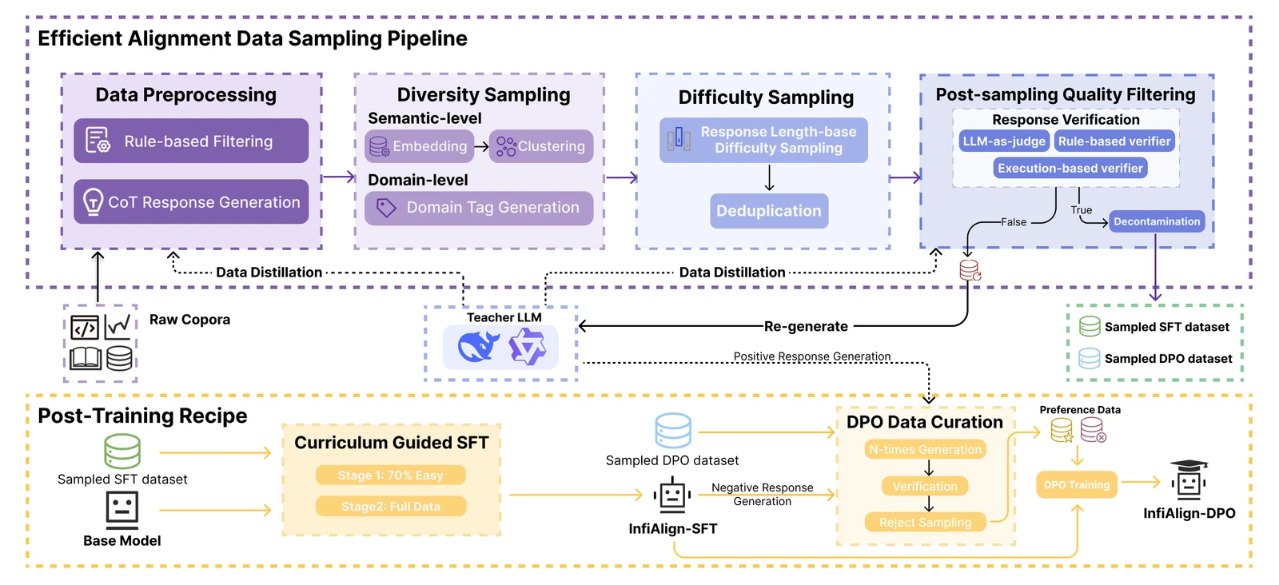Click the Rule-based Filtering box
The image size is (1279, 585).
click(191, 141)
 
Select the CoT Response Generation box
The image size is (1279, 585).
click(191, 202)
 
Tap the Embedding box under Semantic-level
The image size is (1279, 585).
click(419, 146)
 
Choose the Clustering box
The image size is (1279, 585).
click(541, 146)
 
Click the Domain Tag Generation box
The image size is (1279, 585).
click(479, 208)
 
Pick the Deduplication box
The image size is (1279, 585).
click(769, 211)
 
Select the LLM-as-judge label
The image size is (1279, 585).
click(1004, 141)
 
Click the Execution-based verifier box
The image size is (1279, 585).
click(1070, 168)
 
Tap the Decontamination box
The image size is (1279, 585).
click(1157, 221)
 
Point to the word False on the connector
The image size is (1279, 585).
click(1014, 222)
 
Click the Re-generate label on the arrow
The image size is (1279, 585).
click(806, 326)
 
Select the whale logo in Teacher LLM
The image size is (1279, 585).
click(478, 348)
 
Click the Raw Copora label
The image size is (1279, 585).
click(189, 320)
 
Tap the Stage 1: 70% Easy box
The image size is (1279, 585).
click(390, 476)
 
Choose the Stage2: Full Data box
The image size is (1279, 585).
click(390, 507)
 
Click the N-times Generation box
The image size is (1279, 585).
click(925, 450)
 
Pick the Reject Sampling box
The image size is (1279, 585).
click(925, 523)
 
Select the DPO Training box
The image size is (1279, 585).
click(1077, 484)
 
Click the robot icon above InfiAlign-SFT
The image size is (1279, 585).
click(672, 496)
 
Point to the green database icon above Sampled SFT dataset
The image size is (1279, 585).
click(122, 452)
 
